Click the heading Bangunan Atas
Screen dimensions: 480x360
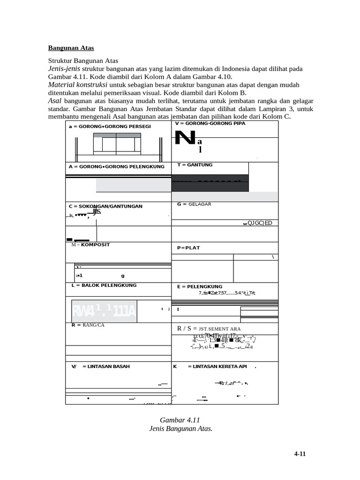pos(71,48)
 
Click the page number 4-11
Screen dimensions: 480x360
pos(300,454)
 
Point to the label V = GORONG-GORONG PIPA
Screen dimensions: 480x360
pos(210,123)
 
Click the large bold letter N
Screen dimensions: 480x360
pos(184,139)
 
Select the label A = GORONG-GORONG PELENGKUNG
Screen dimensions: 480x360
pos(116,166)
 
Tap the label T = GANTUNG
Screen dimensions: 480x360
pos(195,165)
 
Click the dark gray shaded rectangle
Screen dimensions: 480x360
pos(210,183)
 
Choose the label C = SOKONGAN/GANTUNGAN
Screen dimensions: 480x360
pos(105,206)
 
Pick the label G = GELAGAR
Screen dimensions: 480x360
pos(194,204)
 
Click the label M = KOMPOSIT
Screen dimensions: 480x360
pos(90,245)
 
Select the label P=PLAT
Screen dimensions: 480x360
pos(188,248)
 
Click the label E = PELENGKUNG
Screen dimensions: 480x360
pos(200,286)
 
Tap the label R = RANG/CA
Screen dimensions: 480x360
pos(88,325)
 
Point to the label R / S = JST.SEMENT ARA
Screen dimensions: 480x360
pos(209,329)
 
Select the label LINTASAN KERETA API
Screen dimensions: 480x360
pos(217,367)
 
